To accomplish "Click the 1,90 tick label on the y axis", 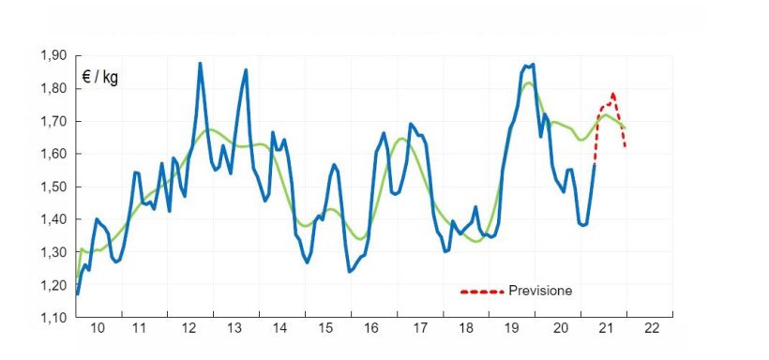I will point(53,56).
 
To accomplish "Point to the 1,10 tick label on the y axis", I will point(53,319).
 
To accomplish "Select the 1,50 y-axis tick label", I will point(53,187).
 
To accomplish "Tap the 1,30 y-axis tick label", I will point(53,253).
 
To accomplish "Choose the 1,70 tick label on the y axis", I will point(53,122).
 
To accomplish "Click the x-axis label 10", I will point(98,329).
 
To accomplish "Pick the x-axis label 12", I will point(188,329).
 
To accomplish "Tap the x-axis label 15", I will point(325,329).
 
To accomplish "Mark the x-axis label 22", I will point(652,329).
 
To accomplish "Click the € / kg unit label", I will point(99,77).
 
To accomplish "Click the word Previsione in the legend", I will point(539,291).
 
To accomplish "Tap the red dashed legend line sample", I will point(482,292).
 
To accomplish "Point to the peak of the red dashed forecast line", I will point(613,94).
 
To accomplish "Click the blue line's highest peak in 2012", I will point(200,64).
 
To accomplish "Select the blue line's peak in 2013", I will point(246,69).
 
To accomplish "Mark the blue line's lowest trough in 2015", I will point(349,272).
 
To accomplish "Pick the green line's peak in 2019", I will point(529,83).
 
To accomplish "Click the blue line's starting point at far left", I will point(77,293).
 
